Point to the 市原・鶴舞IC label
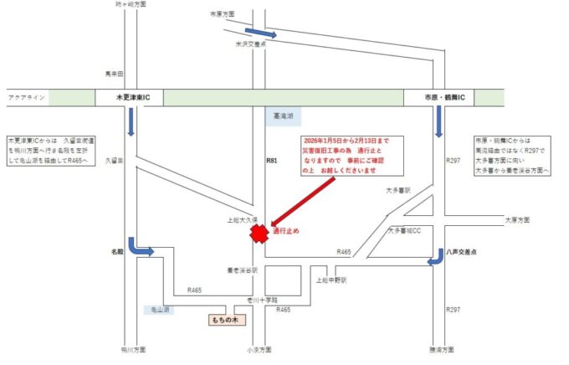pos(433,98)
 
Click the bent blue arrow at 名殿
pos(141,247)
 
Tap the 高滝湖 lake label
pos(283,118)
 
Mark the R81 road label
pos(270,159)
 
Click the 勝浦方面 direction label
pos(440,349)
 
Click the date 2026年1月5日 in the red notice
pos(327,141)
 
